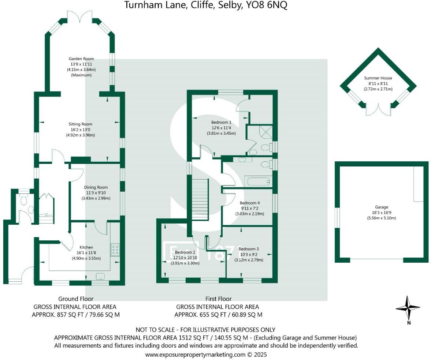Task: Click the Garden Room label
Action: [x=81, y=59]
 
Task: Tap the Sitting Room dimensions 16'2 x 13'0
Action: [x=80, y=130]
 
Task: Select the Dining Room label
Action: [x=96, y=187]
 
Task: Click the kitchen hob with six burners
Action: [x=115, y=250]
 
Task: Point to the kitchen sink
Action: [x=100, y=276]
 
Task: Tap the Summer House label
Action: [x=378, y=78]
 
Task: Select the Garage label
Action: [x=381, y=207]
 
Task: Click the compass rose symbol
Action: [x=408, y=308]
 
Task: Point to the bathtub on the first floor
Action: [x=258, y=181]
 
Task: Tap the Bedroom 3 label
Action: [x=249, y=249]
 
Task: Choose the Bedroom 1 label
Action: [x=221, y=122]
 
